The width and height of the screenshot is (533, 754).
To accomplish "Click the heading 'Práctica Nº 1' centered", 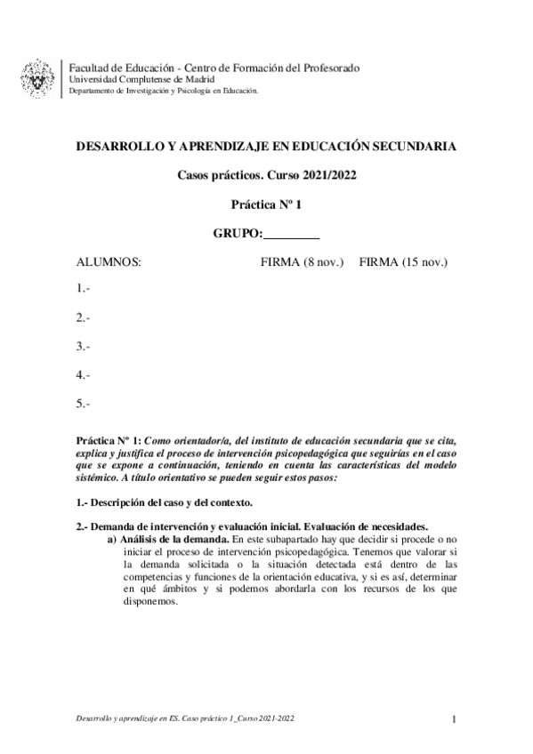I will point(267,205).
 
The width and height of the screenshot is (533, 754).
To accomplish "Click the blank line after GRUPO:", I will point(292,235).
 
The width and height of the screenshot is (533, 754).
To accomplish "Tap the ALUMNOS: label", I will point(109,263).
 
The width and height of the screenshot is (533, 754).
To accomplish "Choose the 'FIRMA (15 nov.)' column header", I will point(402,263).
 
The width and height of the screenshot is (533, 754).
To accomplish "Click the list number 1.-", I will point(84,288).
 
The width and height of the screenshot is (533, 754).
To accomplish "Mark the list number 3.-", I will point(84,346).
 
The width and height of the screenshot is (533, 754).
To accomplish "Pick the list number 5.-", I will point(84,405).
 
